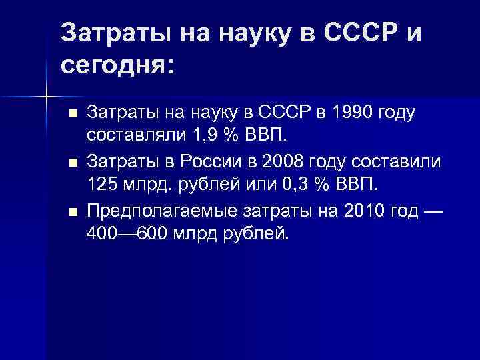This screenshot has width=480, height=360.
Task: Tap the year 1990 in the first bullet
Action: pyautogui.click(x=343, y=113)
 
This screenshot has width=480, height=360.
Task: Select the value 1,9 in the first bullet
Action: pyautogui.click(x=188, y=137)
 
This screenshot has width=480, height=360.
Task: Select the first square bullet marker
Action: pyautogui.click(x=73, y=113)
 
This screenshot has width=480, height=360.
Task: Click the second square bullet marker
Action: pyautogui.click(x=73, y=161)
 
